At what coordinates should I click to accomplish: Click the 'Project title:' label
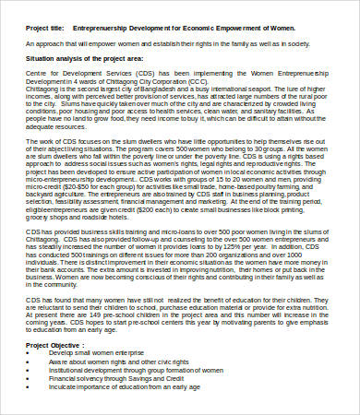point(47,29)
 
